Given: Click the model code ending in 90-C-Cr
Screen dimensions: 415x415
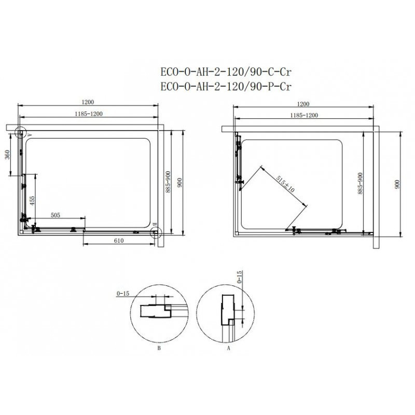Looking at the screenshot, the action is coord(226,72).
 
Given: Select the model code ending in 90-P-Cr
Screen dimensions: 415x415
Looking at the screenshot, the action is coord(226,87).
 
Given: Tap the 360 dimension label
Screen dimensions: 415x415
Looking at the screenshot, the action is coord(7,155).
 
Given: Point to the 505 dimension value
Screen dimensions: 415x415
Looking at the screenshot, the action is coord(56,215).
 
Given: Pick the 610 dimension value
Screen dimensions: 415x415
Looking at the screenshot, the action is coord(119,241).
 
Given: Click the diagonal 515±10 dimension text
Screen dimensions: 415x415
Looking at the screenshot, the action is coord(285,184).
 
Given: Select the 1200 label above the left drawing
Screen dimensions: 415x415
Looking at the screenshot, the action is coord(88,102).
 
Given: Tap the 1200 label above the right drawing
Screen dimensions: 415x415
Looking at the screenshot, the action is coord(303,104).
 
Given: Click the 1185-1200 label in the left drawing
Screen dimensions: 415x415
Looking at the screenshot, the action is coord(88,114).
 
